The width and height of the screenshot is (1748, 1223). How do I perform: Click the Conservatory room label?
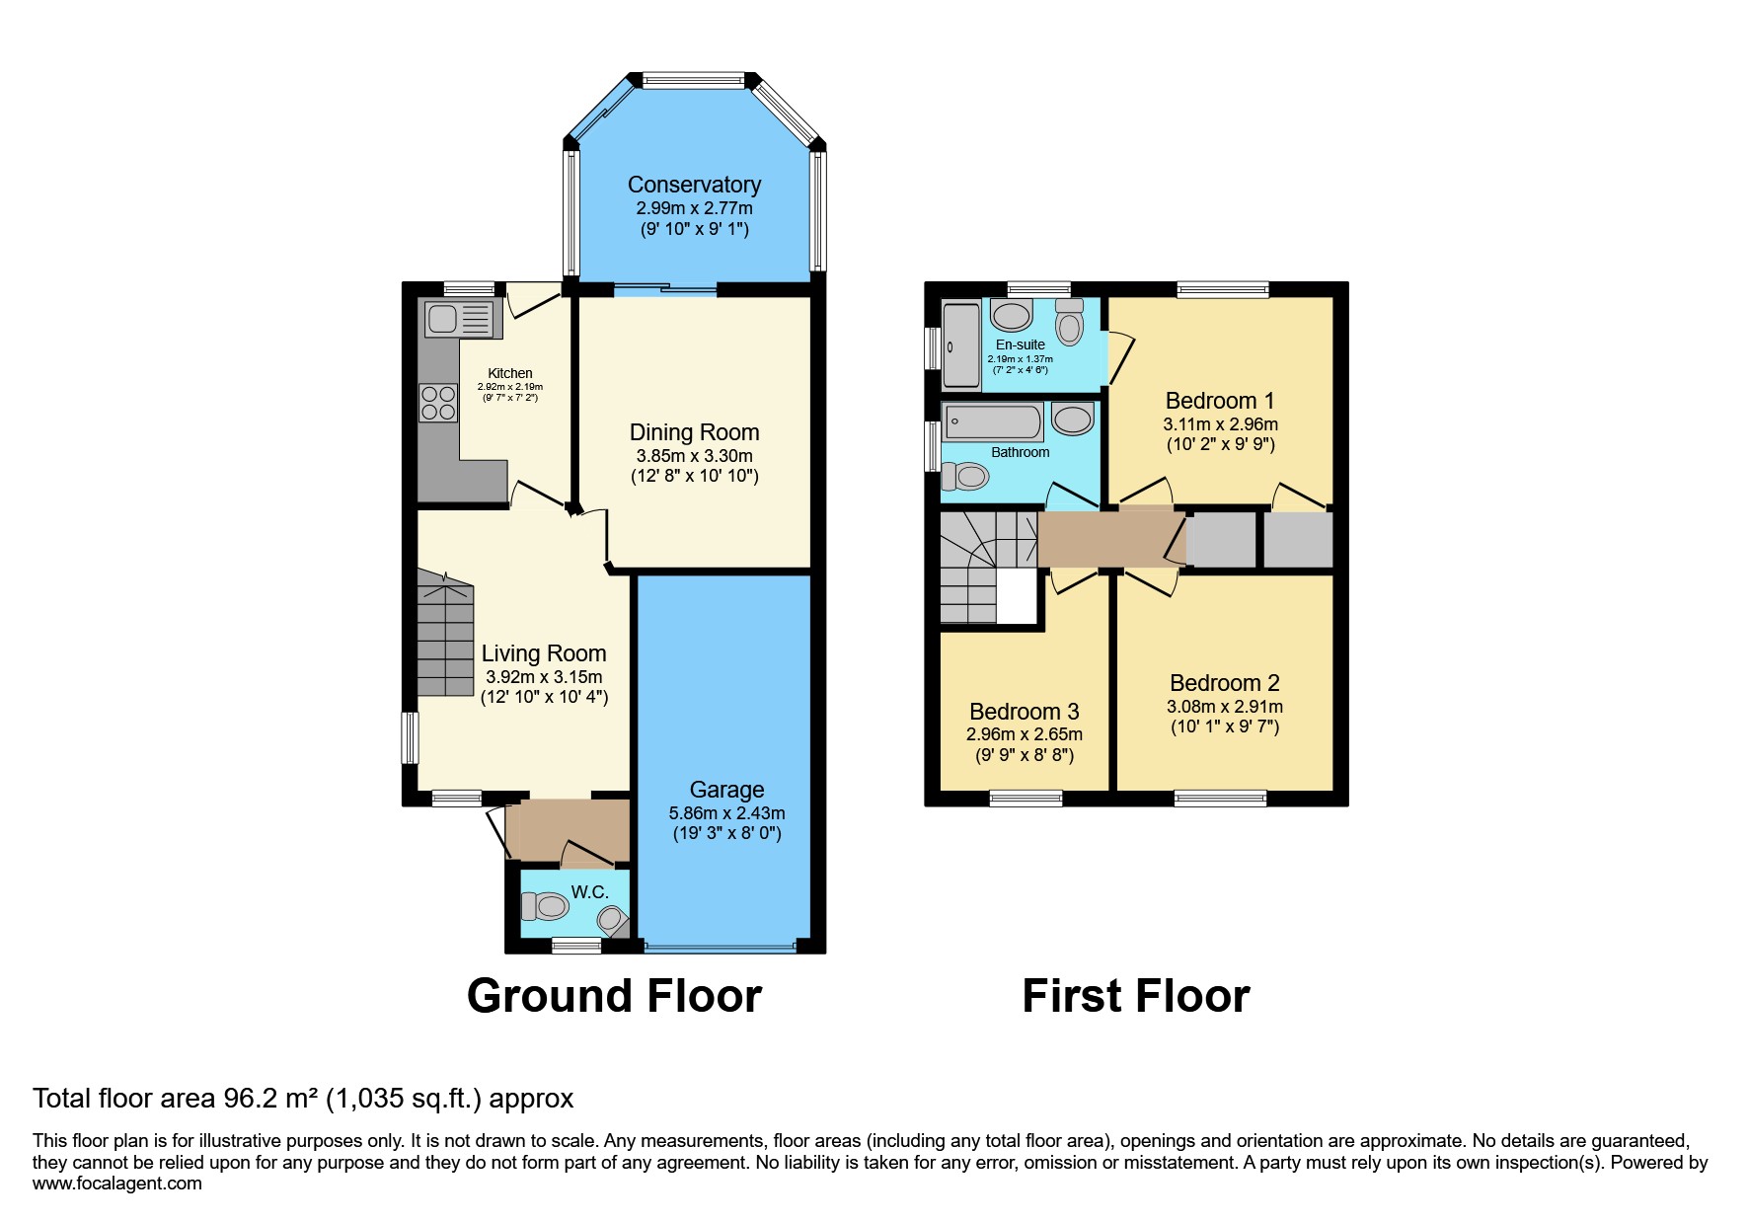tap(694, 185)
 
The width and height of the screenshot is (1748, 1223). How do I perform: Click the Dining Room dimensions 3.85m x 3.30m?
tap(694, 456)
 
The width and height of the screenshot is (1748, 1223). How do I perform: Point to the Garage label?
tap(726, 790)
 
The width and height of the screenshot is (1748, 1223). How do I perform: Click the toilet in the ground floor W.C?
tap(546, 905)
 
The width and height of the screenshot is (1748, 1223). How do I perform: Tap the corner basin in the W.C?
tap(612, 921)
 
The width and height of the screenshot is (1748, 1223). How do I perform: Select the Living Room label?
tap(543, 653)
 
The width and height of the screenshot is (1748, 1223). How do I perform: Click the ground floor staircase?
tap(445, 637)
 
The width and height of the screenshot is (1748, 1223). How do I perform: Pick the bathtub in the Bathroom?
tap(992, 422)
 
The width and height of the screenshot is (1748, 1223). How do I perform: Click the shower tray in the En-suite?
tap(959, 345)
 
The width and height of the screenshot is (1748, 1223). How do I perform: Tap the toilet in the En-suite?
tap(1069, 320)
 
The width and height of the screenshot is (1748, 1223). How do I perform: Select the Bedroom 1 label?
tap(1219, 401)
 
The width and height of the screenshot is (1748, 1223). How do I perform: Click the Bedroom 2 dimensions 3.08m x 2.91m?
tap(1224, 707)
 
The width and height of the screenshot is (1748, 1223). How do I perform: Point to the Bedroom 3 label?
tap(1024, 712)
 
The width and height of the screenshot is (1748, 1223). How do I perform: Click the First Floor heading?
tap(1135, 996)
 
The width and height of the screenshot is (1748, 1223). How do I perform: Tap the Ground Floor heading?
tap(614, 996)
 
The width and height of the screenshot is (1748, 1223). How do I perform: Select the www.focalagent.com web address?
tap(116, 1184)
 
